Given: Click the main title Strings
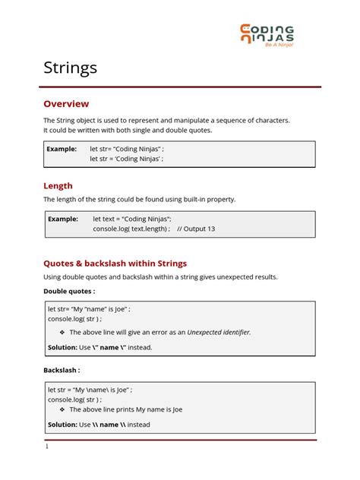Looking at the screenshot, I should pos(70,68).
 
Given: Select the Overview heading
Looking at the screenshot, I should pos(66,104).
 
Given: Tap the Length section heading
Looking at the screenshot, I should pos(58,185).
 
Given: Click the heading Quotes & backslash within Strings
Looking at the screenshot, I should pos(115,264).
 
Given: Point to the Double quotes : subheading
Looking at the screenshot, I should pos(69,291).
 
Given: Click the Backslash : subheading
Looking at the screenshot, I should pos(62,371).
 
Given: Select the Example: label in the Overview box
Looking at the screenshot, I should pos(62,149).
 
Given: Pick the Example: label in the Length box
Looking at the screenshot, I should pos(63,219).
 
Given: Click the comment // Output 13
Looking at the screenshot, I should pos(196,229).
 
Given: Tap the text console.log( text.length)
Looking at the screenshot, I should pos(131,229).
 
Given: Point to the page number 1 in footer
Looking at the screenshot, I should pos(47,447).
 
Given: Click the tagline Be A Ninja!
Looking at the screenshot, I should pos(278,45).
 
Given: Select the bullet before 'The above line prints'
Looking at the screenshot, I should pos(62,409).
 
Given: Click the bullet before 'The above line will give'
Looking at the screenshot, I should pos(62,332).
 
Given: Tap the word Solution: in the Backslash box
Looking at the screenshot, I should pos(63,425).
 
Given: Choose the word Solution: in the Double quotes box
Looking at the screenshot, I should pos(63,347).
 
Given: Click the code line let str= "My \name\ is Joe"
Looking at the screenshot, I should pos(90,390).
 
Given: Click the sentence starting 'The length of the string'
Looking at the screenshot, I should pos(139,200).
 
